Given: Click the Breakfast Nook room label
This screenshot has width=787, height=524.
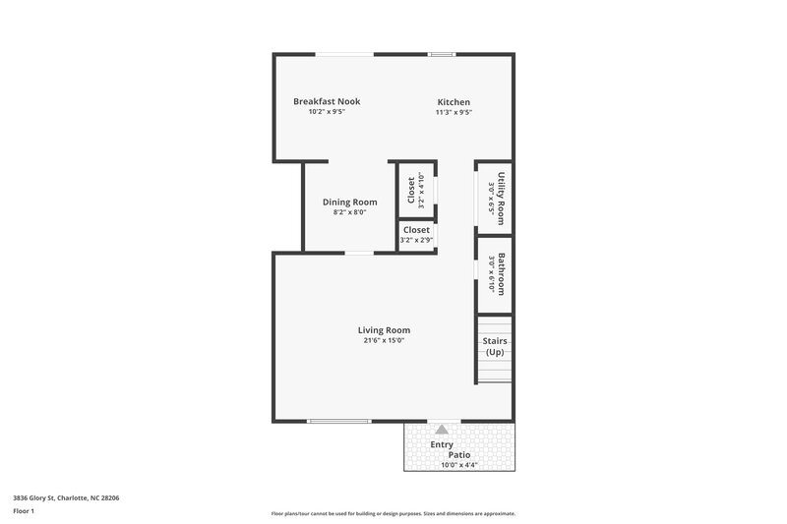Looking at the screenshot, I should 327,101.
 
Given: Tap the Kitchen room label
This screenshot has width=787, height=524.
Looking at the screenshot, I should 454,102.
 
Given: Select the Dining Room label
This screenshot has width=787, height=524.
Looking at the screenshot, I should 349,202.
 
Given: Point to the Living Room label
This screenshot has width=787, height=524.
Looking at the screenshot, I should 384,330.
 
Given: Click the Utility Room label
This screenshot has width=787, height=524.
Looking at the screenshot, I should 501,198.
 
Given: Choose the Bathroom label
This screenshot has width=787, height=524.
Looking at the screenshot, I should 501,275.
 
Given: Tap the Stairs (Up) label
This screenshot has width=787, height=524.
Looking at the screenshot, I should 494,346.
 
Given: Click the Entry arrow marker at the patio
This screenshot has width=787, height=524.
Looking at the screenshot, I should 442,431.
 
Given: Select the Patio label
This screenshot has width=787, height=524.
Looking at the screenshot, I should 459,455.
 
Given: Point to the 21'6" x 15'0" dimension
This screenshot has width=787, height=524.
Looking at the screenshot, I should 384,341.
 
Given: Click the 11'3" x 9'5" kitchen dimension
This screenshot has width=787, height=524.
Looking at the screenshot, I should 454,112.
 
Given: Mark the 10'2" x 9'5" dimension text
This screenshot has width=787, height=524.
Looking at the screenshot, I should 327,112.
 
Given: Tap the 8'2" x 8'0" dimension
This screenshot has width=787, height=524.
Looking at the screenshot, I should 349,212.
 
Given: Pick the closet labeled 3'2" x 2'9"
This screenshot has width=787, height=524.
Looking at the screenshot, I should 416,234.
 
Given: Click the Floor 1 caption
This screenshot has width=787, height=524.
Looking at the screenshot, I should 23,512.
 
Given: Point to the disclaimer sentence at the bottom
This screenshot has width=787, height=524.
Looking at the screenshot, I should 393,513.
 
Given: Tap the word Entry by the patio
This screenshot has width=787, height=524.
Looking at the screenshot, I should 442,444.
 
